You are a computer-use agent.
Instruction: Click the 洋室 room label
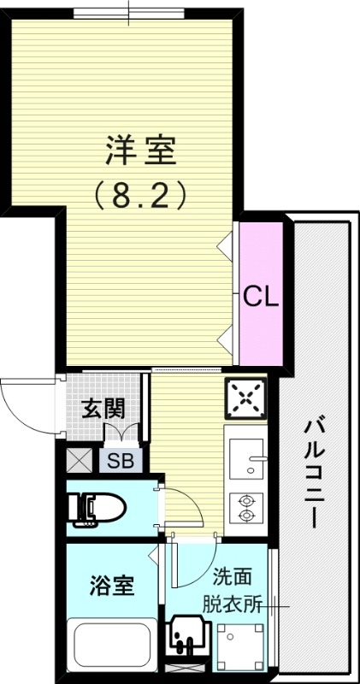pos(140,152)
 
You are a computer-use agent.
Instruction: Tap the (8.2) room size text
pos(140,198)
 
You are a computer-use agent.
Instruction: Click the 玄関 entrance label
pos(103,408)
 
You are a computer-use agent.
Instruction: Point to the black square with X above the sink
pos(246,397)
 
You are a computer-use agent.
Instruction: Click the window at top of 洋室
pos(128,12)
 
